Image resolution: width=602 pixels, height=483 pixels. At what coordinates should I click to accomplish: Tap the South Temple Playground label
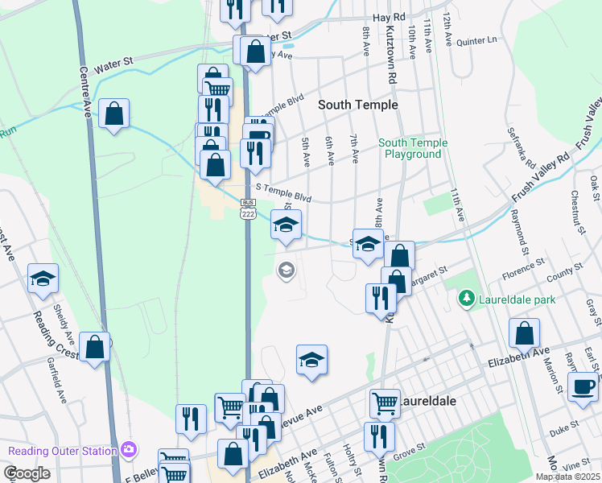coord(413,149)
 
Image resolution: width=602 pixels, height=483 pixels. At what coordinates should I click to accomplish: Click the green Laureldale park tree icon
coord(465,299)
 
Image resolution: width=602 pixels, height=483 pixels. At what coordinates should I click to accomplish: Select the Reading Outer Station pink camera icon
coord(128,450)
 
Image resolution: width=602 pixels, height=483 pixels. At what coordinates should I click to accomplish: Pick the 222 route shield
coord(248,214)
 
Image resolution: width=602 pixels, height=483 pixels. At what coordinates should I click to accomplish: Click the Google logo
coord(27,473)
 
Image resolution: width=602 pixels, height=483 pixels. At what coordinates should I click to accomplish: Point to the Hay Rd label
coord(389,16)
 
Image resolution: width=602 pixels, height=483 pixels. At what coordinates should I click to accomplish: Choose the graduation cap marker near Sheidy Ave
coord(43,279)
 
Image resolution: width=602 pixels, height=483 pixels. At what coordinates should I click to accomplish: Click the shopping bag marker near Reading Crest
coord(95,348)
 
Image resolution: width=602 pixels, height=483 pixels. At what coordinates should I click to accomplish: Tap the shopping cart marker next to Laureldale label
coord(385,403)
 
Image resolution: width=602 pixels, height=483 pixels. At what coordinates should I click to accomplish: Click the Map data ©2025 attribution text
coord(568,477)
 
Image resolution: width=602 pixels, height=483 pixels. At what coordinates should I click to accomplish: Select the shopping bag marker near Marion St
coord(524,333)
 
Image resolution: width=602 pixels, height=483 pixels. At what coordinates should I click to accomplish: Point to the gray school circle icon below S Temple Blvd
coord(285,270)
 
